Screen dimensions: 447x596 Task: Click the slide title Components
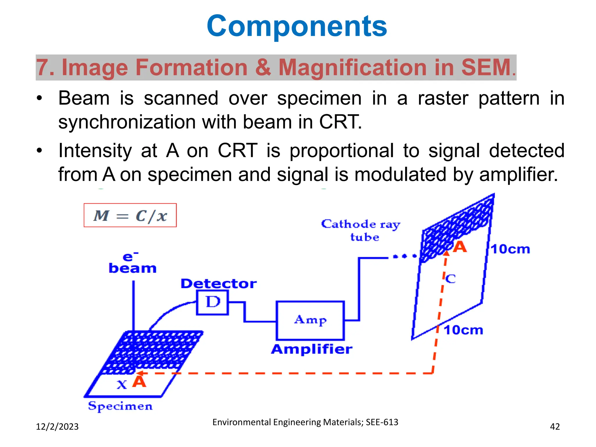coord(297,26)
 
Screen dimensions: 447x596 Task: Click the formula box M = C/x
coord(130,215)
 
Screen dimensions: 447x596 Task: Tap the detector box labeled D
coord(213,302)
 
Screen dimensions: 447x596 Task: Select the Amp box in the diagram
coord(310,320)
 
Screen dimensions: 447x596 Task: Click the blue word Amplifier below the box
coord(311,349)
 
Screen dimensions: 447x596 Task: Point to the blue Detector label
coord(219,283)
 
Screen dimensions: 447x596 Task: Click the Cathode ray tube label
coord(361,230)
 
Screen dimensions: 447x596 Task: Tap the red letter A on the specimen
coord(139,382)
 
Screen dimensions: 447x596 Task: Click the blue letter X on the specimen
coord(122,385)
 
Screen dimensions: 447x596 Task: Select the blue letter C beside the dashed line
coord(450,279)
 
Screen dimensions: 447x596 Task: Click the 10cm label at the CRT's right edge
coord(510,249)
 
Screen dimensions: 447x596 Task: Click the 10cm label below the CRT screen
coord(463,330)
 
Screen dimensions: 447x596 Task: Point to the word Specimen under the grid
coord(120,406)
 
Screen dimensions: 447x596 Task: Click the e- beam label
coord(132,263)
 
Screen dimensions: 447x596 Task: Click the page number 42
coord(555,427)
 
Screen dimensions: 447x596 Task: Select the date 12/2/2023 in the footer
coord(57,427)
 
